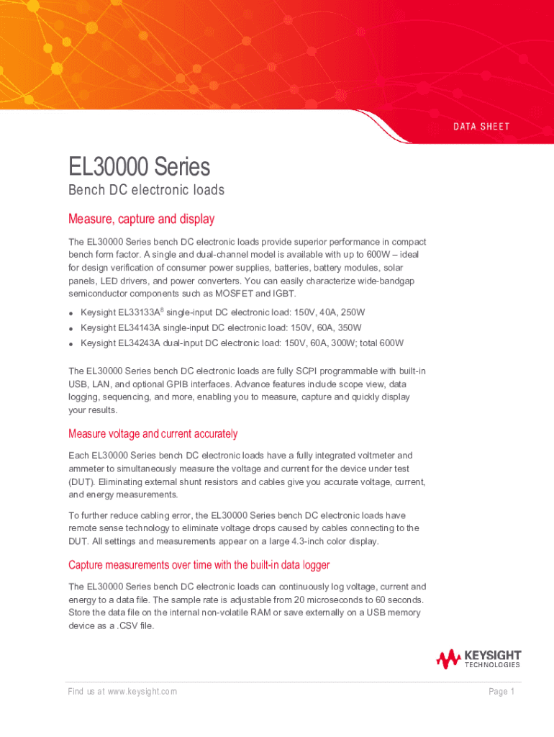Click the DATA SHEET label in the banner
tap(481, 127)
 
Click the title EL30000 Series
tap(139, 167)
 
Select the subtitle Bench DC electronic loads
tap(146, 191)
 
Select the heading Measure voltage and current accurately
tap(153, 434)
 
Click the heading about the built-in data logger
tap(199, 565)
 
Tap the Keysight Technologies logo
tap(478, 659)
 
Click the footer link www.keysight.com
tap(142, 692)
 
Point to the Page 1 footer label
tap(501, 692)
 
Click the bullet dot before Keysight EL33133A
tap(72, 314)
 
